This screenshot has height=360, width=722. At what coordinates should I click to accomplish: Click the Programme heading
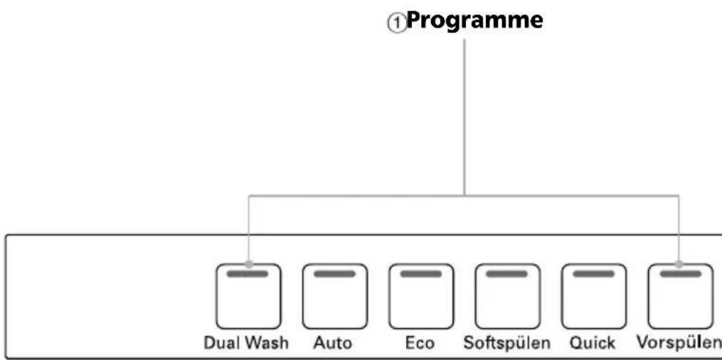point(474,21)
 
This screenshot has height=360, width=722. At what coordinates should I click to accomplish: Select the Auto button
point(335,296)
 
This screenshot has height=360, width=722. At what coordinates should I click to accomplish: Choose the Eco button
point(421,296)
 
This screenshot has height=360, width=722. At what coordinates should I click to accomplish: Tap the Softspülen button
point(507,296)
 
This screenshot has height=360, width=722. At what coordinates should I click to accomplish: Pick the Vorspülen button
point(681,296)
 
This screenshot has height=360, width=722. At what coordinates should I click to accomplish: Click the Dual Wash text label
point(246,343)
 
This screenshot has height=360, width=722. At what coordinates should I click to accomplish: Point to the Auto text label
point(333,344)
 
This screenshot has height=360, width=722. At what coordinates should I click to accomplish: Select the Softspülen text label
point(507,344)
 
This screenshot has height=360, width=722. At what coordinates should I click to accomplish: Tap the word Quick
point(592,344)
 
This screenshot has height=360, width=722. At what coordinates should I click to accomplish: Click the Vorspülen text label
point(679,344)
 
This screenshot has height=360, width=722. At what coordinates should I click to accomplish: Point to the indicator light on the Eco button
point(421,274)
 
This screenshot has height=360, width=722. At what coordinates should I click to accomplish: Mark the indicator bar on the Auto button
point(335,274)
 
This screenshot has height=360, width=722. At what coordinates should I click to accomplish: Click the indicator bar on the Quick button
point(593,274)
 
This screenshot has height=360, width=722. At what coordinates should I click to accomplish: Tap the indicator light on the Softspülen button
point(507,274)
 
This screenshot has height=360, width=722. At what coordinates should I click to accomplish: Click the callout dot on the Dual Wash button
point(249,264)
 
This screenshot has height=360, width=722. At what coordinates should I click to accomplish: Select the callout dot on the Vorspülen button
point(679,264)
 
